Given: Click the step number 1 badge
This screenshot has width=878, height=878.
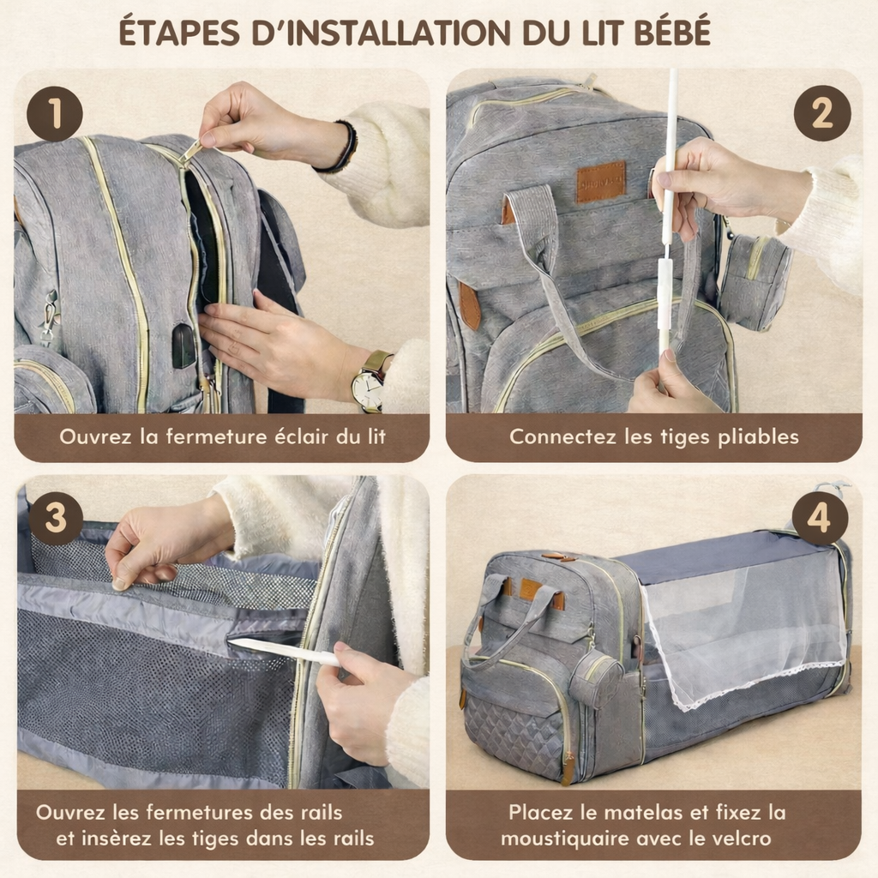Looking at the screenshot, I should (x=54, y=114).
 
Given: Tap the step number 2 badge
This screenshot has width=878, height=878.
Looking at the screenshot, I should (x=821, y=113).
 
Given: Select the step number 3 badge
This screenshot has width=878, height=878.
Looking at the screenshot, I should (x=54, y=518).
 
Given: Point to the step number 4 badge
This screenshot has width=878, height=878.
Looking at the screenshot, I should (x=820, y=519).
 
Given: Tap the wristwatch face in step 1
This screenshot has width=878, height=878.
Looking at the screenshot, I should (x=368, y=390).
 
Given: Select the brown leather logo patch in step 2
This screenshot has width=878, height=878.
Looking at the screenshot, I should (x=600, y=182).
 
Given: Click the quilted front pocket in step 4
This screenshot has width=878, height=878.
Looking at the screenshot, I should (x=514, y=737).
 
